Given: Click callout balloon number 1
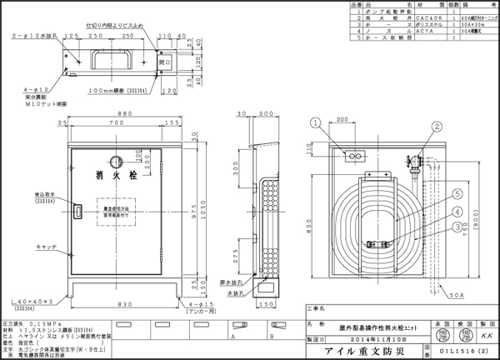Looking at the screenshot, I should (x=315, y=125).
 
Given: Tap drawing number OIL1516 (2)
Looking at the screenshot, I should (x=464, y=351).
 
